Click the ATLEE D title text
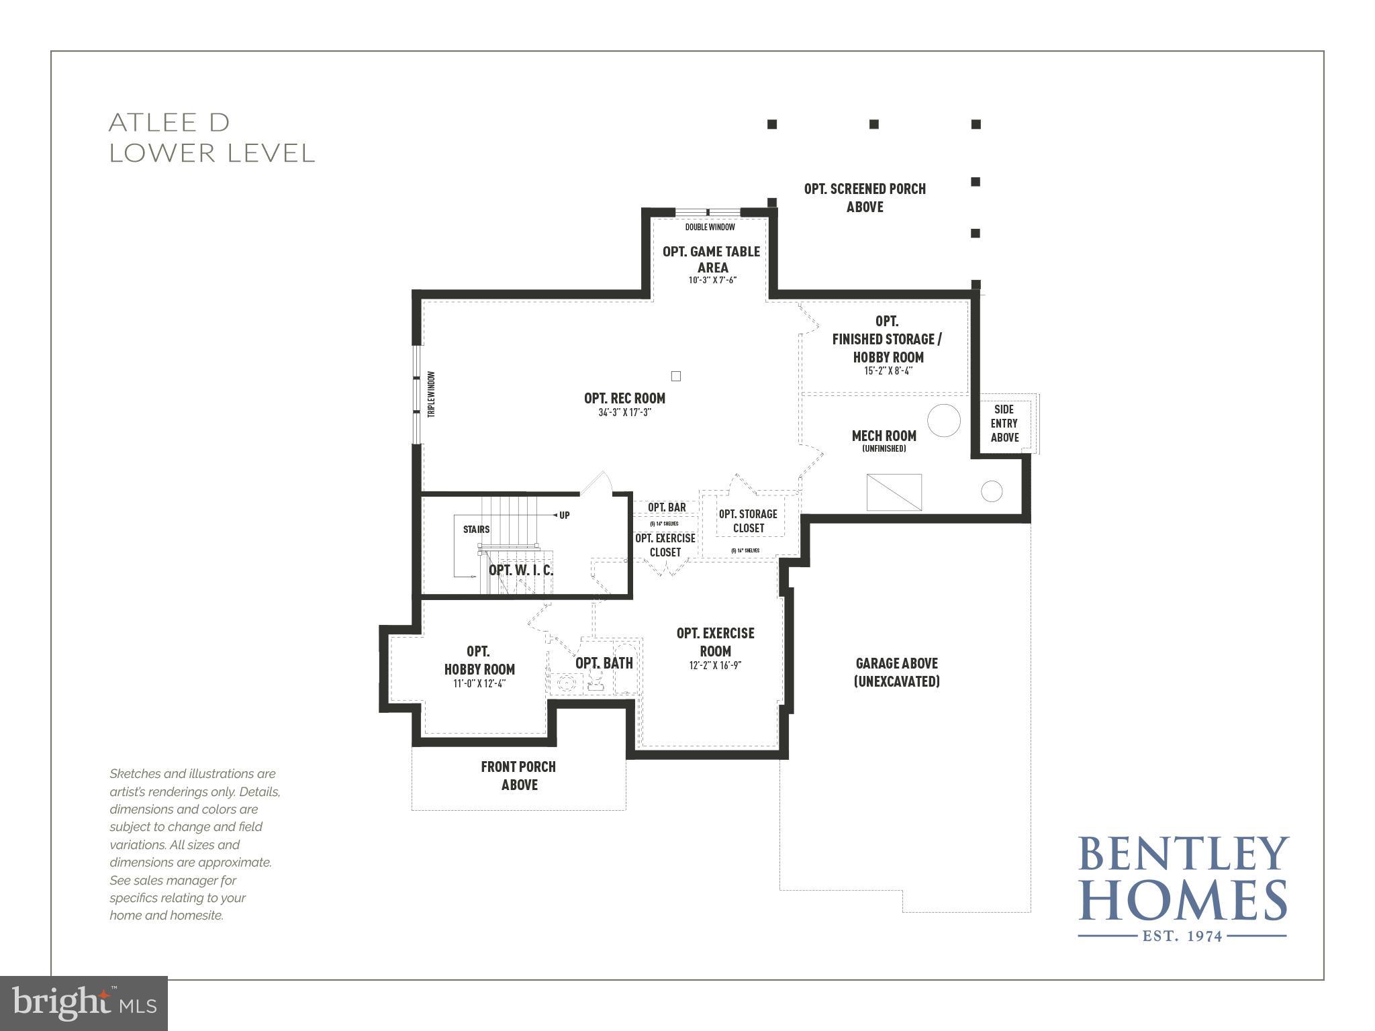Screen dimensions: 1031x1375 169,123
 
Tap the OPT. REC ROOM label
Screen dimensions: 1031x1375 624,398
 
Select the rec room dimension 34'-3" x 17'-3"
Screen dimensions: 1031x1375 624,413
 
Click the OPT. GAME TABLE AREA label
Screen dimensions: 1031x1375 711,259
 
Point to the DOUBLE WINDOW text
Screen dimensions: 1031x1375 710,228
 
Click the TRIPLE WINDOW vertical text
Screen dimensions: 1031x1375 432,395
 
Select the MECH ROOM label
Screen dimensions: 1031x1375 884,436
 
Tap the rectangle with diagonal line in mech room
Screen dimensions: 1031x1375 894,492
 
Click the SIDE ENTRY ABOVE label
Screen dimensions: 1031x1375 1004,423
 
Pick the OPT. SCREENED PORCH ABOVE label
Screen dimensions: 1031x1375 865,197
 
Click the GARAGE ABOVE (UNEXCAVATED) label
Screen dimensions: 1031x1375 896,672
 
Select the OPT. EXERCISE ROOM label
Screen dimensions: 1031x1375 715,642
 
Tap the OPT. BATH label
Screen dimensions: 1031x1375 604,663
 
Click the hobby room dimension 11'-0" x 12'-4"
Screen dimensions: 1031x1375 479,684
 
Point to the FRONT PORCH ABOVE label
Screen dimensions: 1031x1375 518,775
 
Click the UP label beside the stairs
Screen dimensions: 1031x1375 564,515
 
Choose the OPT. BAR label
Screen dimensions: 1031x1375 666,507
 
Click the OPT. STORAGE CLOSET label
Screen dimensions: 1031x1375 748,521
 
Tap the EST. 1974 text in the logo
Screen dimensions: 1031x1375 1182,936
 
